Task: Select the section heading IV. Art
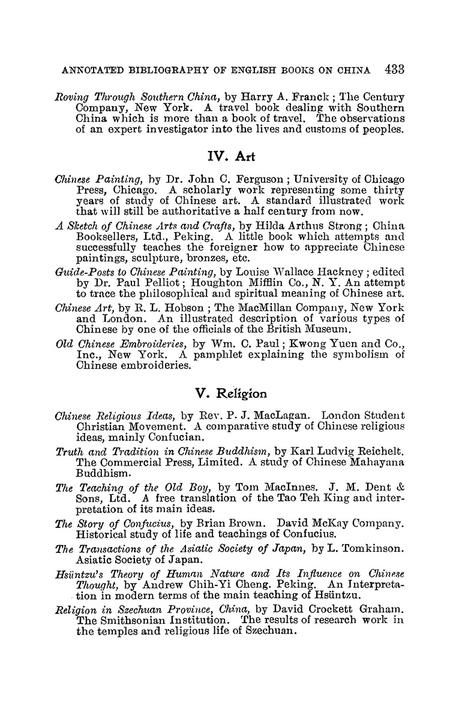point(229,157)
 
